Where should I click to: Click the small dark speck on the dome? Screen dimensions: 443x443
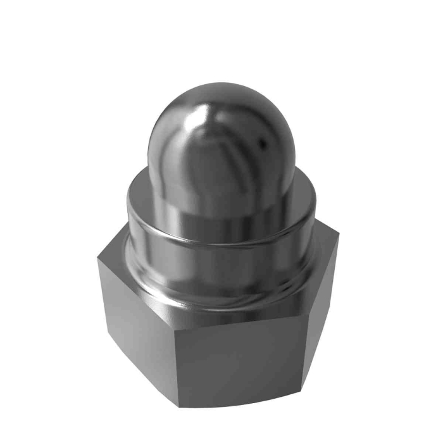[260, 144]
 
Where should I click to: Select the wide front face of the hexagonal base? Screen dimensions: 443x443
[240, 361]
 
